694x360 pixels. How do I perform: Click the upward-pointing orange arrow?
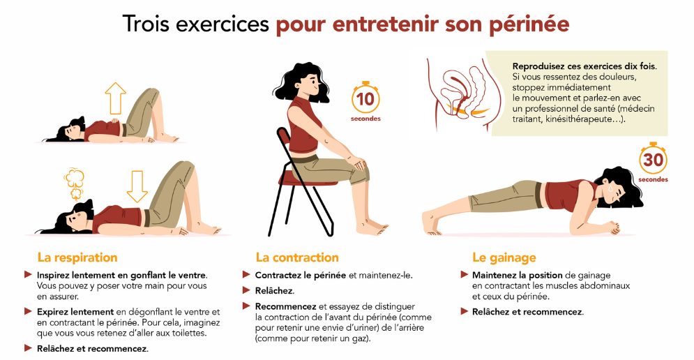click(116, 98)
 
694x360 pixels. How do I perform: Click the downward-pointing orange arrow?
click(137, 186)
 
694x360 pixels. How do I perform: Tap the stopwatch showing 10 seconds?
click(365, 98)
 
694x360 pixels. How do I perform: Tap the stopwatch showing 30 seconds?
click(653, 158)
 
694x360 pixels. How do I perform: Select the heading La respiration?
click(77, 257)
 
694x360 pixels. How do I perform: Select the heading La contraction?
click(297, 257)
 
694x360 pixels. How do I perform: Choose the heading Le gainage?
click(504, 257)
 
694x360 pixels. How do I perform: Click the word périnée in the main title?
click(529, 24)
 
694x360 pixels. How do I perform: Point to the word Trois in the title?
click(146, 24)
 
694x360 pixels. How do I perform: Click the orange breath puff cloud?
click(75, 183)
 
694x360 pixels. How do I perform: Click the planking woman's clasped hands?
click(613, 227)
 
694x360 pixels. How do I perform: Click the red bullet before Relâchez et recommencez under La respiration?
click(28, 348)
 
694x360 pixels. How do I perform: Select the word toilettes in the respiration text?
click(188, 333)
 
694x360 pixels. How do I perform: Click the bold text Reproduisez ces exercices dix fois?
click(584, 66)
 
